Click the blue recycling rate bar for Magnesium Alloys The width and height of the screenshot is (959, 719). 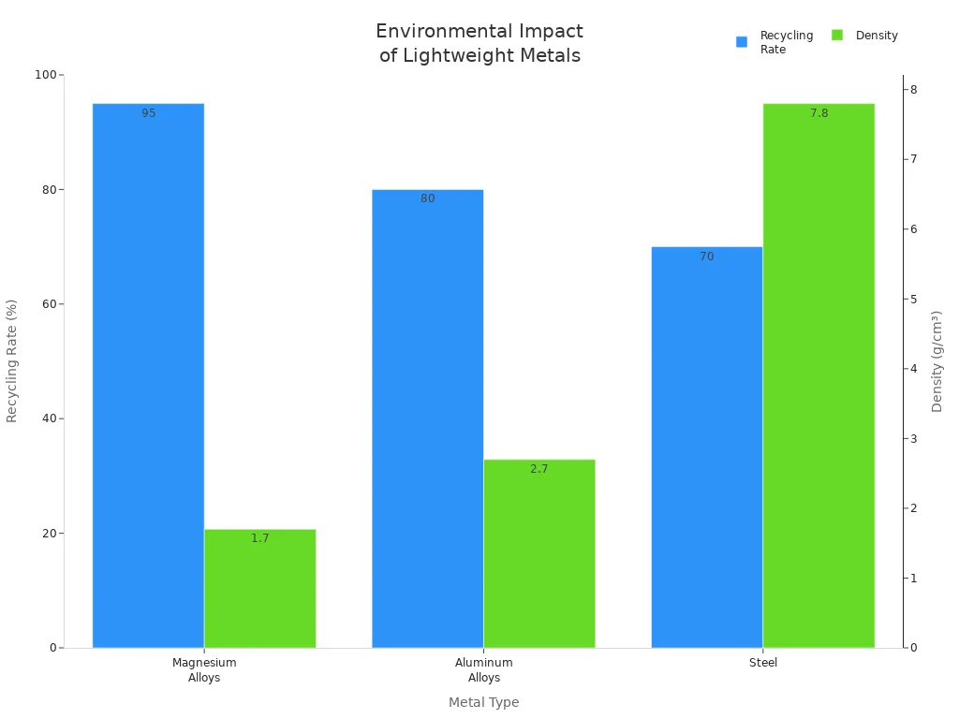tap(148, 374)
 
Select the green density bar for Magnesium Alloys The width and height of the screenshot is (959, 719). tap(259, 589)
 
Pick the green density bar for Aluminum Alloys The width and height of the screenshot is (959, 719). tap(539, 553)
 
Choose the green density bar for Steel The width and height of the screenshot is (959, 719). tap(818, 374)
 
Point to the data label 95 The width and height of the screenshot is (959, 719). tap(149, 113)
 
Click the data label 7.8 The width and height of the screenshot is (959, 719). tap(819, 113)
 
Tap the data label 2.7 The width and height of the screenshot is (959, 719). tap(539, 469)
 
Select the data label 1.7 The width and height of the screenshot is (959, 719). tap(260, 538)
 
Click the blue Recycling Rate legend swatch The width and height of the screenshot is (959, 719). tap(742, 41)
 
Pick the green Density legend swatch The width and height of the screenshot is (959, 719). tap(837, 36)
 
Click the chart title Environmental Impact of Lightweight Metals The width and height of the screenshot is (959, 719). tap(479, 44)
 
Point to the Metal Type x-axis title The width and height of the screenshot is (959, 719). tap(483, 702)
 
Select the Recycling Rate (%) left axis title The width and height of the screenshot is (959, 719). tap(12, 360)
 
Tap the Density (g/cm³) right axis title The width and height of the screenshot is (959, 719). tap(937, 360)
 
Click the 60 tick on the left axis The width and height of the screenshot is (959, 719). tap(47, 304)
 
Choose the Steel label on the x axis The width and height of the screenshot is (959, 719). tap(763, 663)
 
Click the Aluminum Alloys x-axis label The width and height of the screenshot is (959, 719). tap(484, 670)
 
